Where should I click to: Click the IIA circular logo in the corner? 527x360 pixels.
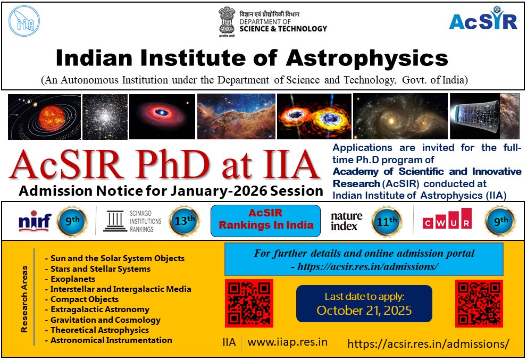[x=24, y=21]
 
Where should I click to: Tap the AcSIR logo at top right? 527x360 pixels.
[x=483, y=20]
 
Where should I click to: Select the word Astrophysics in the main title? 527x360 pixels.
[x=366, y=57]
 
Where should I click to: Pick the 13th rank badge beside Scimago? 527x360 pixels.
[x=183, y=220]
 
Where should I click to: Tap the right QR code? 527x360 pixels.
[x=479, y=303]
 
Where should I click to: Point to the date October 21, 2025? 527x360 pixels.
[x=364, y=311]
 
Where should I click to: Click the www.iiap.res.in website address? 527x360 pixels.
[x=288, y=342]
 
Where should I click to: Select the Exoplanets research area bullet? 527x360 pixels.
[x=72, y=279]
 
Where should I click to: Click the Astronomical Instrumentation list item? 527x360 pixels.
[x=111, y=340]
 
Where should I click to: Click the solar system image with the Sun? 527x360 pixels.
[x=44, y=116]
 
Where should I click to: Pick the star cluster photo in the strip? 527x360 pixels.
[x=105, y=116]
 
